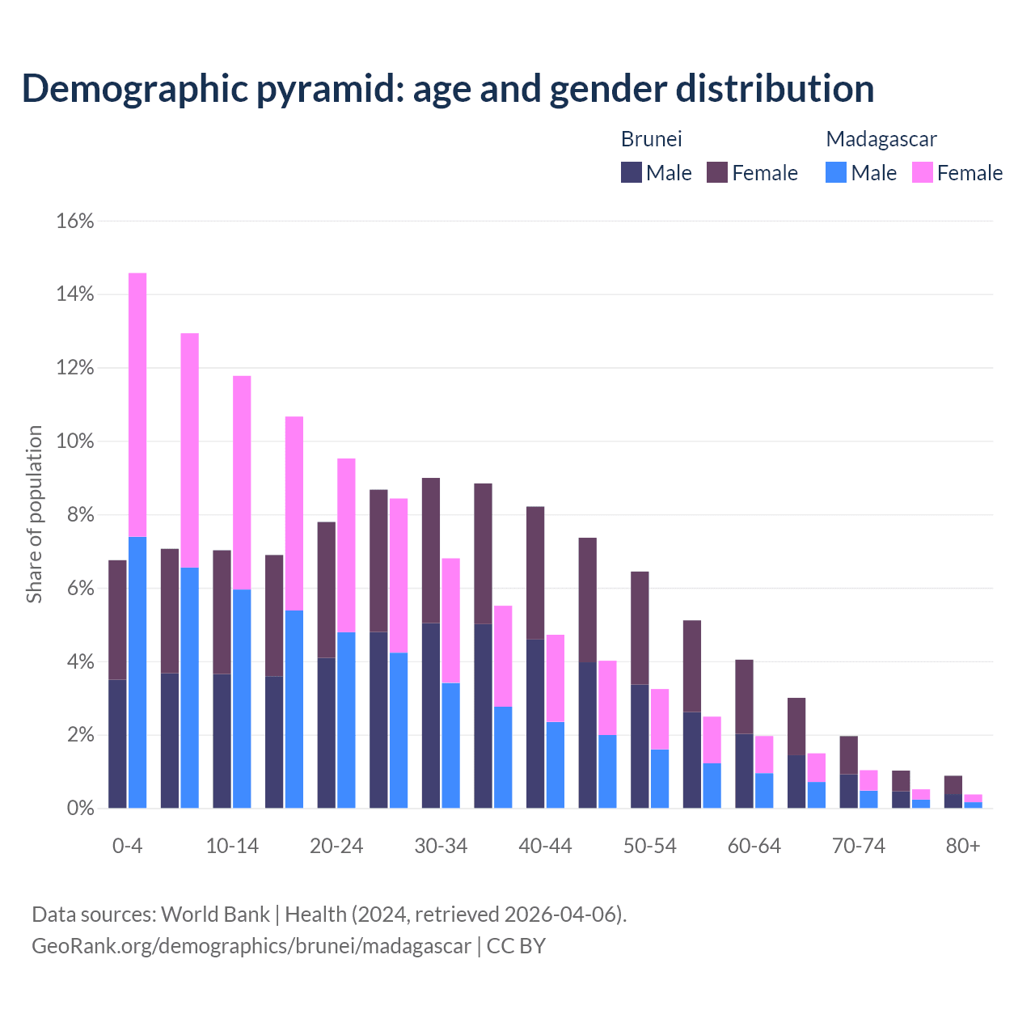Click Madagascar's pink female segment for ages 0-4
point(137,404)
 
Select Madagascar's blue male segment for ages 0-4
point(137,672)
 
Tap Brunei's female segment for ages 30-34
point(431,550)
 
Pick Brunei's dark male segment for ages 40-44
point(535,724)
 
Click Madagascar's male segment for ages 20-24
point(346,720)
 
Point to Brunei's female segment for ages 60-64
point(744,696)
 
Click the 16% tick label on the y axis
point(75,221)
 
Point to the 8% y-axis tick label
point(79,515)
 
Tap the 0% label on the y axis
point(79,809)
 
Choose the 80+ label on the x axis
point(963,846)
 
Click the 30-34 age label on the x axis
point(441,846)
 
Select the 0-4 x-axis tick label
point(128,846)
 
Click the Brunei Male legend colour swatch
point(632,172)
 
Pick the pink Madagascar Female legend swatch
point(923,172)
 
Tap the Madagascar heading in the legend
point(881,139)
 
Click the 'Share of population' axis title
point(35,514)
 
